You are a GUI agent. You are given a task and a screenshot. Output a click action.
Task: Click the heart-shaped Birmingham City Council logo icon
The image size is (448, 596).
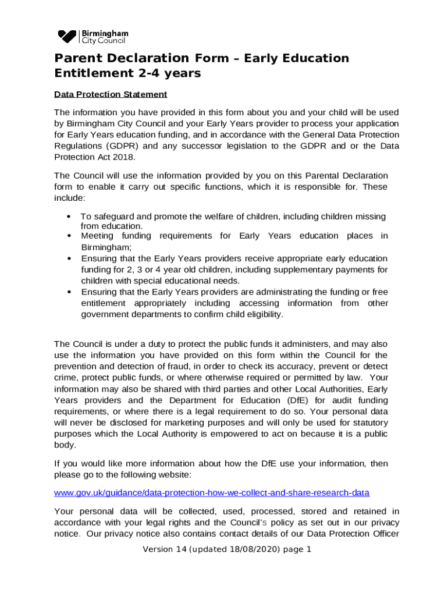(x=67, y=37)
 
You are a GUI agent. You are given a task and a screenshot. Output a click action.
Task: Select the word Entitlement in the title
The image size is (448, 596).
(x=90, y=73)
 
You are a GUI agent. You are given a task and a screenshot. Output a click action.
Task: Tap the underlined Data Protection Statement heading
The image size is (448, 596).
(x=111, y=94)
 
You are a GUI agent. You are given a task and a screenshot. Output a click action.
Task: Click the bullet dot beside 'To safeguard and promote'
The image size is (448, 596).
(x=69, y=217)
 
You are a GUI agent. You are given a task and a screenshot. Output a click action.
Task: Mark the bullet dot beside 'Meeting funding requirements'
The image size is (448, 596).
(x=69, y=236)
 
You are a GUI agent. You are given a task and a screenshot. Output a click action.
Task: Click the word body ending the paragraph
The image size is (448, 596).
(x=65, y=445)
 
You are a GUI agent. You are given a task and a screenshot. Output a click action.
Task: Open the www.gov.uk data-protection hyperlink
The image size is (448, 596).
(x=211, y=493)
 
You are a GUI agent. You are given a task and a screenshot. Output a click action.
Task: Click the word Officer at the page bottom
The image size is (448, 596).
(x=384, y=533)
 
